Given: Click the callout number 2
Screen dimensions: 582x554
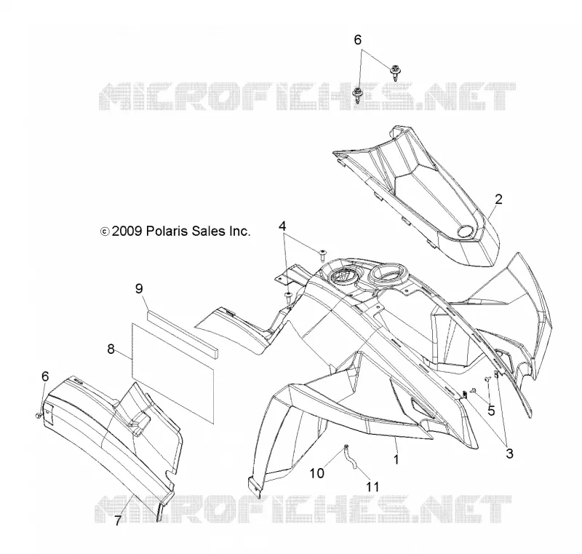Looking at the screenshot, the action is (498, 199).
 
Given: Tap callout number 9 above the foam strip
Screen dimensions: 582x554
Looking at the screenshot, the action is (139, 288).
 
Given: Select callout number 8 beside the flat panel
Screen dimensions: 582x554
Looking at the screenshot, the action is (111, 349).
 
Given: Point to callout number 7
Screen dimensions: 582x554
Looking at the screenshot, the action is (118, 521).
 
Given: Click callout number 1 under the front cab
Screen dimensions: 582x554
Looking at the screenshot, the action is (396, 459).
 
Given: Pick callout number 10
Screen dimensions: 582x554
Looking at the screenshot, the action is (317, 473).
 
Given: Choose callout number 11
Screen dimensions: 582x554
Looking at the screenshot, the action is (372, 487).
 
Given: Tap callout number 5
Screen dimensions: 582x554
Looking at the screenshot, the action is (491, 411).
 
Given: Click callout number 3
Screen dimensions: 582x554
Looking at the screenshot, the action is (510, 454).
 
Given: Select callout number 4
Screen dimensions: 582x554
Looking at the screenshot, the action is (282, 226).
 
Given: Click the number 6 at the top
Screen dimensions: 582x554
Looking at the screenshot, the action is (357, 40).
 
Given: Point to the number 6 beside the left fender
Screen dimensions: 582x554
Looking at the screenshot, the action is (45, 376).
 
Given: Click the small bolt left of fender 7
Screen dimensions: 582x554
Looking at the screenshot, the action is (38, 416).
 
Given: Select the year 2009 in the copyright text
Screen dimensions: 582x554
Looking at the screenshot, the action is (127, 231).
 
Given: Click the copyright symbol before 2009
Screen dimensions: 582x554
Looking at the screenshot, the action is (105, 232).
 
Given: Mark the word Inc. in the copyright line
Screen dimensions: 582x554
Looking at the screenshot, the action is (239, 231).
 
